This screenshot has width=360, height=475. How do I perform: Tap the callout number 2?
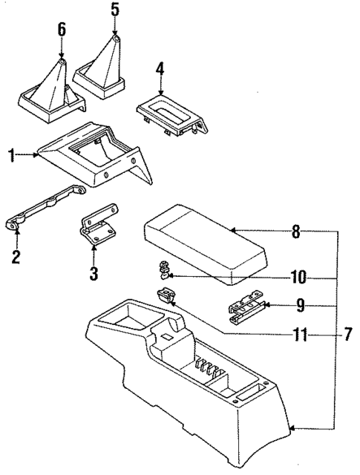[16, 258]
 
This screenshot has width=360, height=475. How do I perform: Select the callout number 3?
[94, 273]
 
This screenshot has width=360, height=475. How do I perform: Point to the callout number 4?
[159, 71]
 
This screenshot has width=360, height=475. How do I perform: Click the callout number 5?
[114, 10]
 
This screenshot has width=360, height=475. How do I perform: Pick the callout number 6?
[62, 30]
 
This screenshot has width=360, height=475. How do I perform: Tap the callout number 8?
[295, 232]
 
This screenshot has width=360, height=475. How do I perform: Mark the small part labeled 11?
[164, 295]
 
